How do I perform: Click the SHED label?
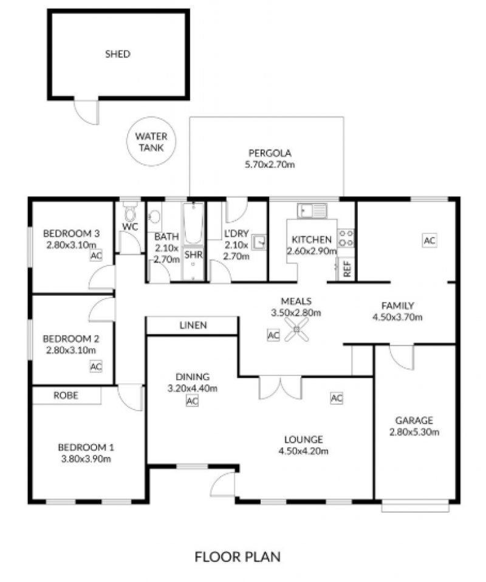pyautogui.click(x=118, y=54)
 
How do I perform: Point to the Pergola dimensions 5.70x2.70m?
pyautogui.click(x=270, y=165)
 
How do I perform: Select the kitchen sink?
pyautogui.click(x=312, y=211)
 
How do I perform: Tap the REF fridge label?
pyautogui.click(x=347, y=269)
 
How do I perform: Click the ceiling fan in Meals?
pyautogui.click(x=296, y=330)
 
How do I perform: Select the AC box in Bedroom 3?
pyautogui.click(x=96, y=255)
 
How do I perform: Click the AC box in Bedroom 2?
pyautogui.click(x=96, y=366)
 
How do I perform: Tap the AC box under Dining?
pyautogui.click(x=192, y=401)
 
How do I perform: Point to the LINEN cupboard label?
pyautogui.click(x=193, y=325)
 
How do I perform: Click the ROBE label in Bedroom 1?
pyautogui.click(x=66, y=395)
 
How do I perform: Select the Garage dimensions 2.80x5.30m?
pyautogui.click(x=414, y=432)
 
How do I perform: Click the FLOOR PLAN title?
pyautogui.click(x=238, y=556)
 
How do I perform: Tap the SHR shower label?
pyautogui.click(x=193, y=255)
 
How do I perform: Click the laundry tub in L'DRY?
pyautogui.click(x=259, y=242)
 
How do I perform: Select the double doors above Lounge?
pyautogui.click(x=280, y=388)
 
